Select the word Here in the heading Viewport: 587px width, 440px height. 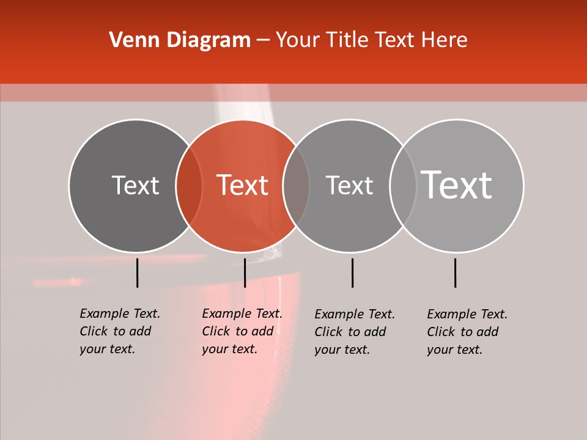(x=445, y=40)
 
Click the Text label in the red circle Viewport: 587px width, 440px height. (x=243, y=185)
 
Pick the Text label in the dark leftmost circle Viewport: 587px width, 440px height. (x=135, y=185)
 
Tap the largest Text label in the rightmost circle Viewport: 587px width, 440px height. (x=457, y=185)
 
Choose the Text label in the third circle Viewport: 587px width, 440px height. (x=349, y=185)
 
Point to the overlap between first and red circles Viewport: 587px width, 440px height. (x=189, y=185)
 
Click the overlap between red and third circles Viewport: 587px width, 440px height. (x=296, y=185)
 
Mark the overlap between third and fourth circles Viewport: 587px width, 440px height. (x=403, y=185)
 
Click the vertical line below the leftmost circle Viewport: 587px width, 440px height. (x=137, y=273)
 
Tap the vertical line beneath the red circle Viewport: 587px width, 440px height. (x=245, y=273)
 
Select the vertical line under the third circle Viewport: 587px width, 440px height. (x=352, y=273)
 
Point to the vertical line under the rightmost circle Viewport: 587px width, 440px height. (x=455, y=273)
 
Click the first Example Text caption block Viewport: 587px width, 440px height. (x=119, y=331)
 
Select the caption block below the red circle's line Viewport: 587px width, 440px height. (x=242, y=331)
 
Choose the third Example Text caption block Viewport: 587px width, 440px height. (x=354, y=332)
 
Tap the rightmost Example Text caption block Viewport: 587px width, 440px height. (x=467, y=332)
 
